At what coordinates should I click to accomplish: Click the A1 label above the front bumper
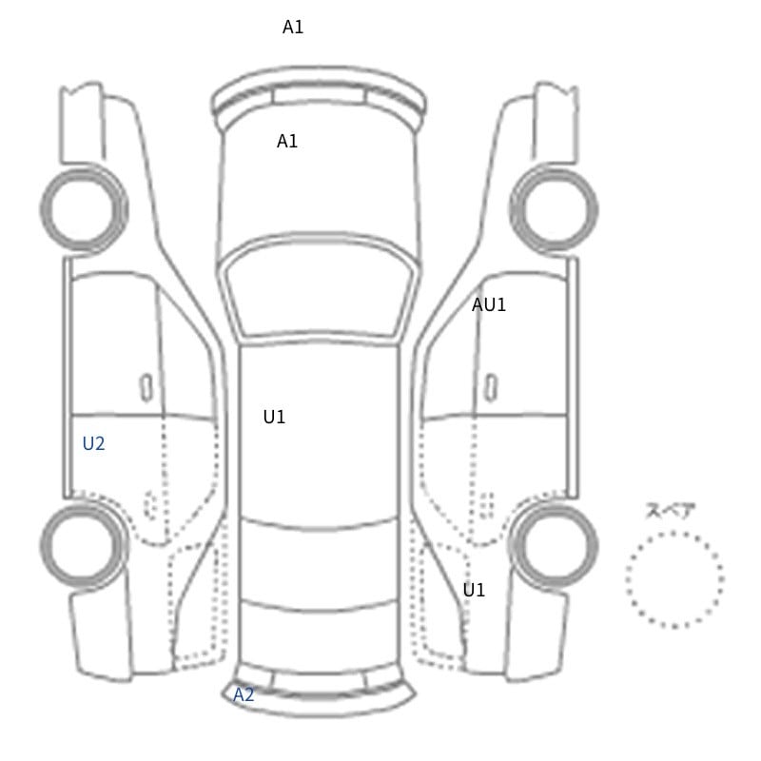click(x=293, y=28)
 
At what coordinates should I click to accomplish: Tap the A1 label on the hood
click(x=287, y=141)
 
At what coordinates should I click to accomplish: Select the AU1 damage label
click(x=489, y=304)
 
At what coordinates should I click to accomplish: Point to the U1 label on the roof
click(x=274, y=417)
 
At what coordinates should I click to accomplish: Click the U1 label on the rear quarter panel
click(x=474, y=590)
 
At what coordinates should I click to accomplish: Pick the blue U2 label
click(x=93, y=443)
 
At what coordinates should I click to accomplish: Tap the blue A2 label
click(x=244, y=695)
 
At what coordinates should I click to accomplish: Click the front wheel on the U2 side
click(x=45, y=209)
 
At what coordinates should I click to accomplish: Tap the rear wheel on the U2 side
click(x=45, y=545)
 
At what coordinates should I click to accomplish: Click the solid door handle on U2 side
click(x=146, y=388)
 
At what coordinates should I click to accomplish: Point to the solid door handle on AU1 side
click(x=492, y=388)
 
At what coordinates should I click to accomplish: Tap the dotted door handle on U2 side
click(x=150, y=505)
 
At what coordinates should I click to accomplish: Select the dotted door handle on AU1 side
click(x=487, y=505)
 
